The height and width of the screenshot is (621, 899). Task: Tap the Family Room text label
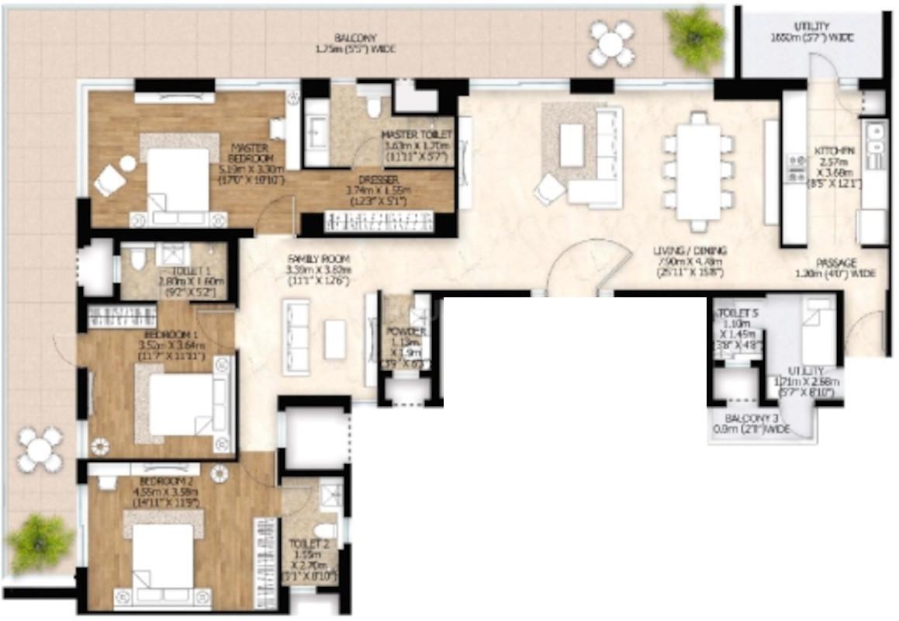coord(319,264)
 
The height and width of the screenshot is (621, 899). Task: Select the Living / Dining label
coord(690,261)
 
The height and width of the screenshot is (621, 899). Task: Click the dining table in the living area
coord(698,171)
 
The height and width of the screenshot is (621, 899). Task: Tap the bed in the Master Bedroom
coord(177,180)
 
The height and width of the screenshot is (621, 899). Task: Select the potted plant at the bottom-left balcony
coord(39,542)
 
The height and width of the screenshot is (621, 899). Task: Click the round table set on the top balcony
coord(612,43)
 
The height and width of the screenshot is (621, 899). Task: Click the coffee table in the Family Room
coord(335,339)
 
